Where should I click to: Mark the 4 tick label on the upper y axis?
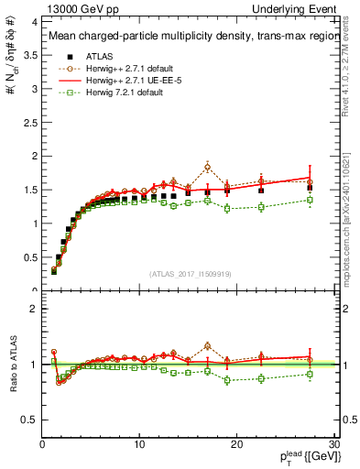coord(34,20)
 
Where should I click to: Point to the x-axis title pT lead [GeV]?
coord(303,457)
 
